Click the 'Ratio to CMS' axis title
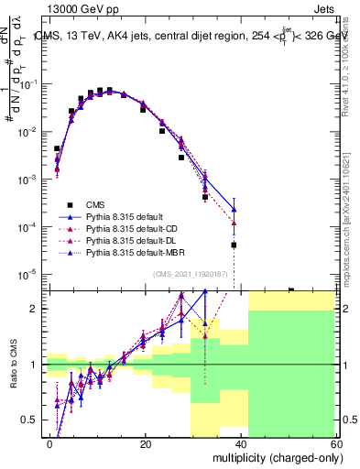pyautogui.click(x=13, y=365)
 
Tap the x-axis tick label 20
pyautogui.click(x=146, y=444)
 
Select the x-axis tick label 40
pyautogui.click(x=240, y=444)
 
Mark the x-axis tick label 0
pyautogui.click(x=50, y=444)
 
